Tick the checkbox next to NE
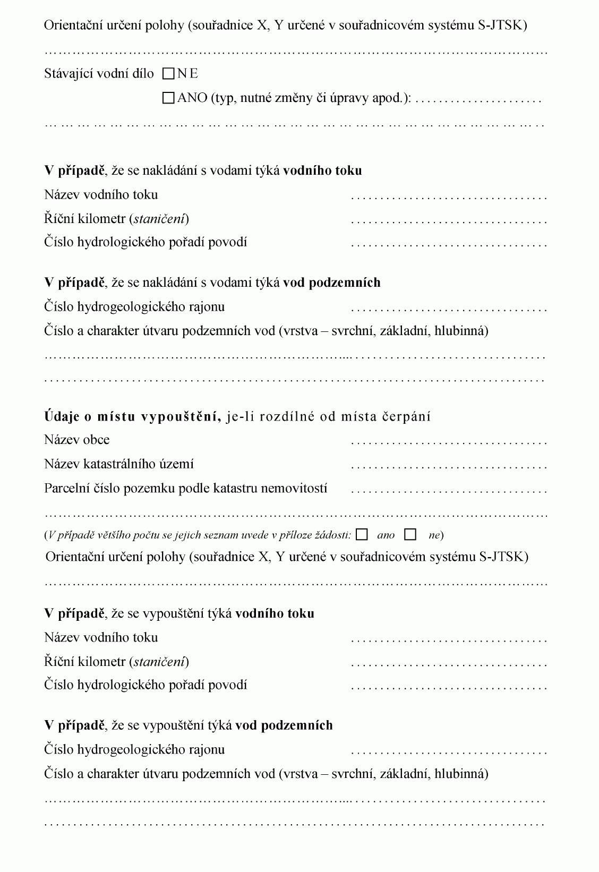click(x=168, y=74)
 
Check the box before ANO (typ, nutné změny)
click(x=168, y=98)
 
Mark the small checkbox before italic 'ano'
click(x=362, y=535)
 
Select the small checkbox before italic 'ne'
click(x=410, y=535)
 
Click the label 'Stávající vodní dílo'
click(x=99, y=74)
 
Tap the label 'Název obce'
click(x=77, y=440)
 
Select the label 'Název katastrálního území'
click(x=119, y=464)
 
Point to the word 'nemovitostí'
click(x=298, y=488)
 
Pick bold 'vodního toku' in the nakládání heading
click(x=322, y=170)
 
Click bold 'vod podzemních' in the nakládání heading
click(x=331, y=283)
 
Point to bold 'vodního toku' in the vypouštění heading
click(x=275, y=613)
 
